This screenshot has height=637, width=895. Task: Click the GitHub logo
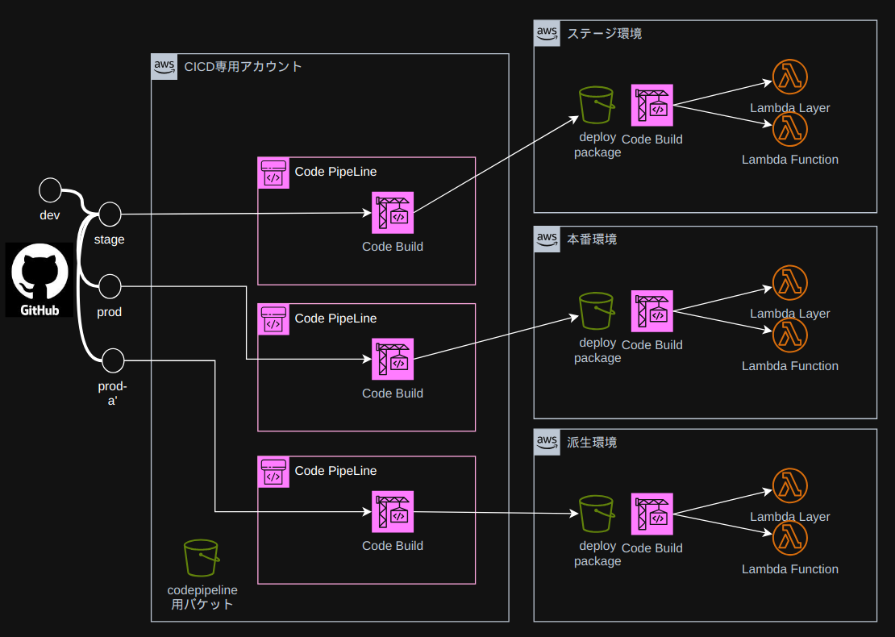click(x=40, y=279)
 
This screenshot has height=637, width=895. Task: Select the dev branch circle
click(x=50, y=190)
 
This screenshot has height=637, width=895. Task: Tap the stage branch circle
click(x=109, y=214)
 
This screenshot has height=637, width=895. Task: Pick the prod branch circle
click(x=109, y=285)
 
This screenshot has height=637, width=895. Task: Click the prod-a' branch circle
click(x=113, y=360)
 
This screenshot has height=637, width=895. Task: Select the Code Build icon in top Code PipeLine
click(x=393, y=213)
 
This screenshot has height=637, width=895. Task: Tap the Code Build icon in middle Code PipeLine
click(x=393, y=360)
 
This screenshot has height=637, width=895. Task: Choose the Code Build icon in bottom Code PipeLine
click(x=393, y=512)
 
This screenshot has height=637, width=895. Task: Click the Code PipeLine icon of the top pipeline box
click(x=273, y=173)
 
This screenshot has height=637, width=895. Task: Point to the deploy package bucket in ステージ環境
click(x=597, y=105)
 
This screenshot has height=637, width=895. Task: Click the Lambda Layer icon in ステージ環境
click(x=790, y=77)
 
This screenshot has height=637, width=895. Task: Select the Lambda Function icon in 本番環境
click(x=790, y=335)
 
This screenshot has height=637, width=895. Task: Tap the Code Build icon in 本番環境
click(x=651, y=311)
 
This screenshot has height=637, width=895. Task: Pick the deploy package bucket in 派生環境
click(x=597, y=514)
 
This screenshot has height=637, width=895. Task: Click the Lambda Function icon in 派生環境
click(x=790, y=538)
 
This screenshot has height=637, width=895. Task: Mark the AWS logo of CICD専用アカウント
click(x=164, y=67)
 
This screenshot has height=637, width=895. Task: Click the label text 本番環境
click(x=593, y=239)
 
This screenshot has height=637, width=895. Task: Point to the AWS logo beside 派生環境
click(x=547, y=443)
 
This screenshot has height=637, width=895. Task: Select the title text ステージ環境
click(x=605, y=34)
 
